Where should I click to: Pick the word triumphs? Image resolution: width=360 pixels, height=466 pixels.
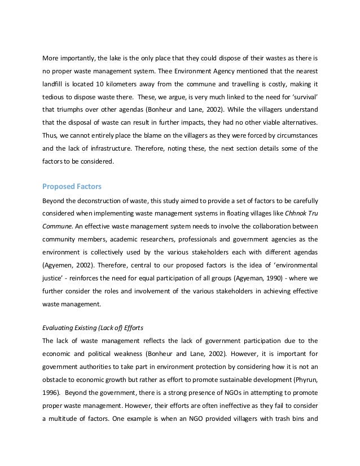click(68, 108)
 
